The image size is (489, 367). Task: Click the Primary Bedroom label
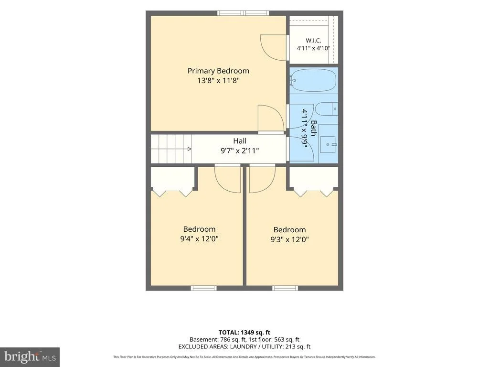pyautogui.click(x=218, y=71)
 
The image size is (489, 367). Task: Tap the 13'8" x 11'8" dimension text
pyautogui.click(x=218, y=81)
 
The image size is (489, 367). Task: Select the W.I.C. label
pyautogui.click(x=313, y=40)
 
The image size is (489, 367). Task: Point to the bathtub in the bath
pyautogui.click(x=313, y=80)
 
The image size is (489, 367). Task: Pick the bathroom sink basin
pyautogui.click(x=328, y=144)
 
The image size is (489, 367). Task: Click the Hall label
pyautogui.click(x=240, y=141)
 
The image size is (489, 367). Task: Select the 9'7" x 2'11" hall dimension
pyautogui.click(x=240, y=151)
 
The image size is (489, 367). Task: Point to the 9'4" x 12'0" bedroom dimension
pyautogui.click(x=199, y=239)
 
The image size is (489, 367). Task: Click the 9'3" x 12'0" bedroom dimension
pyautogui.click(x=289, y=240)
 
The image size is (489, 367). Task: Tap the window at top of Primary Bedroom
pyautogui.click(x=243, y=13)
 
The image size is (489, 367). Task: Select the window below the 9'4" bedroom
pyautogui.click(x=203, y=288)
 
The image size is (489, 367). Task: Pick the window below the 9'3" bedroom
pyautogui.click(x=285, y=288)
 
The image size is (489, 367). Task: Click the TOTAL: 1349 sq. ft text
pyautogui.click(x=244, y=333)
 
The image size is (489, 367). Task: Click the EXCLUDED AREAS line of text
pyautogui.click(x=244, y=347)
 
